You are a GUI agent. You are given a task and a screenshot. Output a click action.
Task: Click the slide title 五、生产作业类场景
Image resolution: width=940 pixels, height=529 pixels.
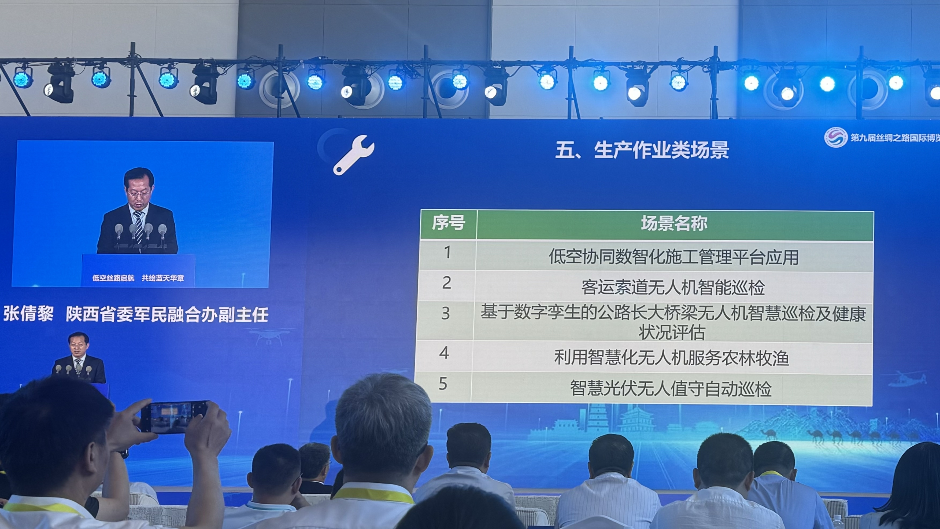tap(642, 150)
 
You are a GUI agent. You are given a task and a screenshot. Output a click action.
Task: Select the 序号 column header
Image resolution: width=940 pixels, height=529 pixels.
tap(449, 223)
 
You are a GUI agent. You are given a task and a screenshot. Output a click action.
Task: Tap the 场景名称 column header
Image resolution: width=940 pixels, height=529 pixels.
tap(674, 223)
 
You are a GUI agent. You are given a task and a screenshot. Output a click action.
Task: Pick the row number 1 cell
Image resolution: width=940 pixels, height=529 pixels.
tap(447, 253)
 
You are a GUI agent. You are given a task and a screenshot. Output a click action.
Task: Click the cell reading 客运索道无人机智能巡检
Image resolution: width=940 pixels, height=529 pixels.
tap(673, 287)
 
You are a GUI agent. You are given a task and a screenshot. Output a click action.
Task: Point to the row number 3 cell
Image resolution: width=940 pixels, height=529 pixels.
tap(445, 314)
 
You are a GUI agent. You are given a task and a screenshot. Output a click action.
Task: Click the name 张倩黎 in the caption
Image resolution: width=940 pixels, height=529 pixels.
tap(28, 314)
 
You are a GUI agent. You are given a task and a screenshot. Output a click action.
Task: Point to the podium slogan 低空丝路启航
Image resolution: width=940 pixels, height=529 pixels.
tap(113, 278)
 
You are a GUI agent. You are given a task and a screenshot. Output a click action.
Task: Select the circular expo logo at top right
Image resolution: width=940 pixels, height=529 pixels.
tap(836, 137)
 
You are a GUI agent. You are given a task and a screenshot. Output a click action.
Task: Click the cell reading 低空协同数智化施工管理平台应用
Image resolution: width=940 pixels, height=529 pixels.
tap(673, 257)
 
